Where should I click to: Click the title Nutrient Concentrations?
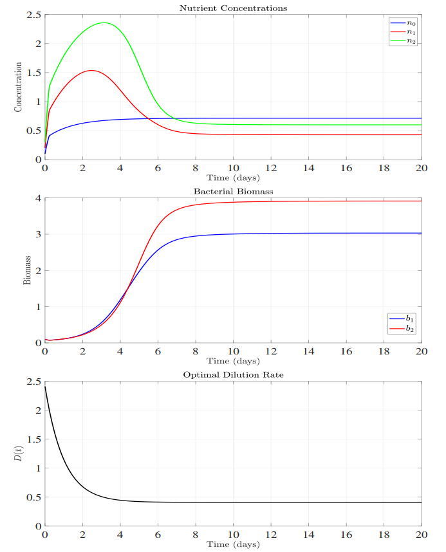[233, 8]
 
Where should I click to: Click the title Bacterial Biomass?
[233, 192]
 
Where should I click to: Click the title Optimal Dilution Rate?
[233, 375]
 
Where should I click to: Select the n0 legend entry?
[402, 23]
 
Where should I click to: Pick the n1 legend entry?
[402, 32]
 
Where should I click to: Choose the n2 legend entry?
[402, 41]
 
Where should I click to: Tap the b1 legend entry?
[402, 318]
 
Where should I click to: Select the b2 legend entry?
[402, 328]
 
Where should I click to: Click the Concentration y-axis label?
[18, 87]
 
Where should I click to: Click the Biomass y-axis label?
[27, 270]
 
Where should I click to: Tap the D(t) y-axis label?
[18, 454]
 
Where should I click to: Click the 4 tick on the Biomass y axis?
[37, 198]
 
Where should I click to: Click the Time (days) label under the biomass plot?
[233, 361]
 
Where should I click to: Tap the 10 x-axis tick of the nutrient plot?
[233, 168]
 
